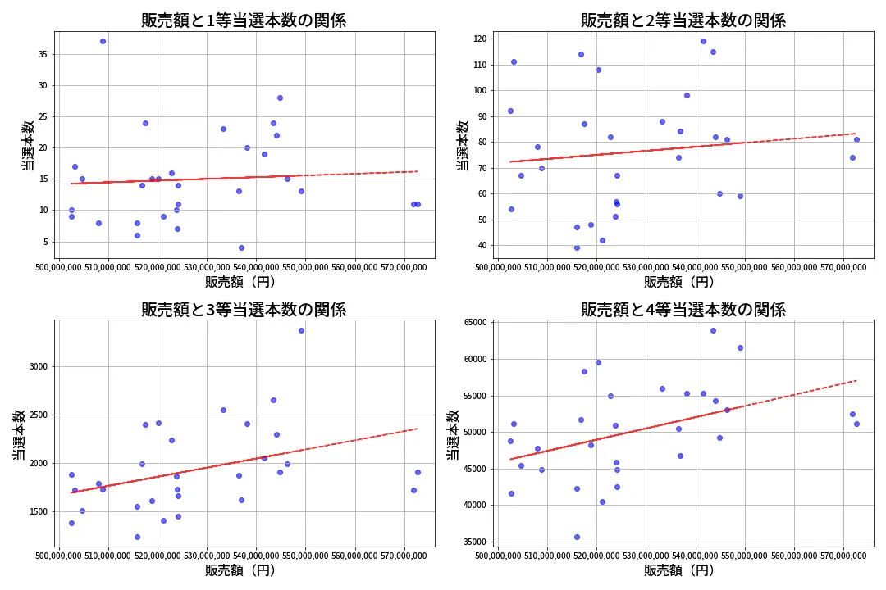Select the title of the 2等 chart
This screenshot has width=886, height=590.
683,20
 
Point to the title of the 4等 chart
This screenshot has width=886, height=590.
683,310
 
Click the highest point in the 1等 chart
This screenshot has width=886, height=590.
103,41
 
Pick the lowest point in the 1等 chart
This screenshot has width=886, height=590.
241,247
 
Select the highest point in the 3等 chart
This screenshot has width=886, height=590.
301,330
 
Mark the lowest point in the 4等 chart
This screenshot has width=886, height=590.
577,537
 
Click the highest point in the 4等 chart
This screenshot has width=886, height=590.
713,330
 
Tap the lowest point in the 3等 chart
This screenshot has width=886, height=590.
137,537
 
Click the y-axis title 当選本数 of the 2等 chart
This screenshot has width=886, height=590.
463,145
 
